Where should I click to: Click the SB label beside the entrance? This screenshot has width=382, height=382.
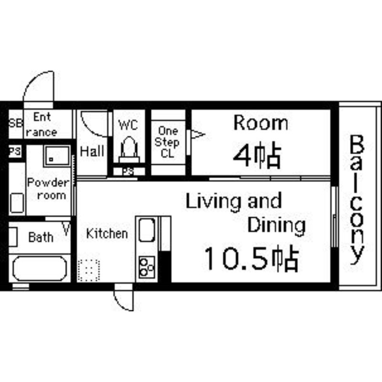click(x=15, y=123)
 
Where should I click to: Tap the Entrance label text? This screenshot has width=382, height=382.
click(x=42, y=124)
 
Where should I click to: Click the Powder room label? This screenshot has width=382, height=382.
click(x=47, y=189)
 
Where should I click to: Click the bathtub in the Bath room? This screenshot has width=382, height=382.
click(x=39, y=268)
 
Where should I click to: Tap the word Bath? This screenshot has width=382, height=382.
click(x=41, y=237)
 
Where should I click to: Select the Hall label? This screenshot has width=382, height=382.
click(x=92, y=152)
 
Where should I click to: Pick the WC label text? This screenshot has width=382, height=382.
click(x=128, y=125)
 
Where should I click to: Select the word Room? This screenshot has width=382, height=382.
click(x=260, y=123)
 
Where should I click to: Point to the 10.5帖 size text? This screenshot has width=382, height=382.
click(x=252, y=259)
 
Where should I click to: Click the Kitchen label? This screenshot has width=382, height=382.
click(x=107, y=233)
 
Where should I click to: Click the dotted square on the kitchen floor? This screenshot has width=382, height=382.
click(x=88, y=270)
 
